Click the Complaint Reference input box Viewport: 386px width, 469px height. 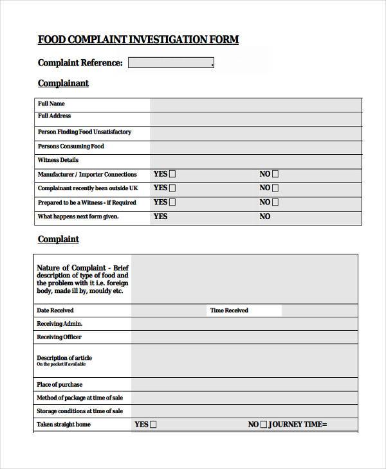point(170,63)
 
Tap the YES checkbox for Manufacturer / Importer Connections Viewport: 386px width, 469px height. point(172,174)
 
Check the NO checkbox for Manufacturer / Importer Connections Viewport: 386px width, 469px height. point(275,174)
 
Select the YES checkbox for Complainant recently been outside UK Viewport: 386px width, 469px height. point(172,188)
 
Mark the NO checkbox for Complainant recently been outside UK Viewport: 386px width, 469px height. point(275,188)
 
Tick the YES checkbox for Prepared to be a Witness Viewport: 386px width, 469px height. point(172,202)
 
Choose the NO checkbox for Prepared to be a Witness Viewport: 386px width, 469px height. point(275,202)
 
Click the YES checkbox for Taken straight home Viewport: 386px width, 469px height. point(153,425)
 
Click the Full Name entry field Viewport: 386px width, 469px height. point(255,104)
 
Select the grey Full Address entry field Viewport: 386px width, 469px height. point(255,118)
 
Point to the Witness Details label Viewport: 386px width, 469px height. point(58,160)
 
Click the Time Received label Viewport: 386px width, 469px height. point(228,310)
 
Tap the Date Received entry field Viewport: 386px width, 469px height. point(169,310)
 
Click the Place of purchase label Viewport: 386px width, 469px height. point(59,385)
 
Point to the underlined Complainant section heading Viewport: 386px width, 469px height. point(63,84)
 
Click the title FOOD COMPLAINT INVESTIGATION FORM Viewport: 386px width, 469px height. point(138,40)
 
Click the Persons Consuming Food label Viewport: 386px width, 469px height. point(71,146)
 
